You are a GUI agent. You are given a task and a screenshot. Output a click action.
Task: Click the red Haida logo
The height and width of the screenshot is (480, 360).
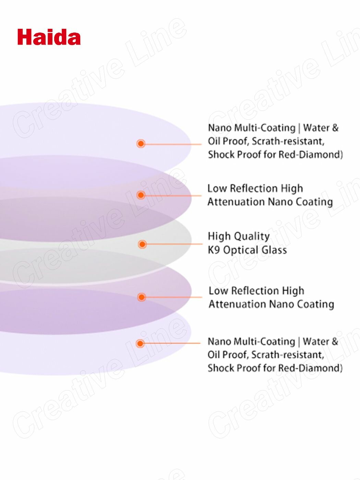[49, 37]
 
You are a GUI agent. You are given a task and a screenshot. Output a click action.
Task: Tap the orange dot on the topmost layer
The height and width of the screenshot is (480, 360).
[141, 143]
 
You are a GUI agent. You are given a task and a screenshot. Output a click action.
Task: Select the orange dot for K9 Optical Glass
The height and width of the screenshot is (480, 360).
[142, 244]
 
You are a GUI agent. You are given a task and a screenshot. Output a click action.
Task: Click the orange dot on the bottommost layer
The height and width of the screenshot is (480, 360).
[140, 343]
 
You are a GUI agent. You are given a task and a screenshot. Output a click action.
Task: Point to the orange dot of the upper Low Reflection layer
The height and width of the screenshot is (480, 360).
[141, 195]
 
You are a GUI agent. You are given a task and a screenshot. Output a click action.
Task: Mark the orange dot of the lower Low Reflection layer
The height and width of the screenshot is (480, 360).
[141, 297]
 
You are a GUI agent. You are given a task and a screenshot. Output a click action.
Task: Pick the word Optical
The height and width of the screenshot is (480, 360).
[239, 250]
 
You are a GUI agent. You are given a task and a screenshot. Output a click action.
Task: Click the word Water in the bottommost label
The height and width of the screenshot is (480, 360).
[316, 341]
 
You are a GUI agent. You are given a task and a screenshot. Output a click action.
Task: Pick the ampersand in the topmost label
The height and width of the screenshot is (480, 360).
[335, 128]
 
